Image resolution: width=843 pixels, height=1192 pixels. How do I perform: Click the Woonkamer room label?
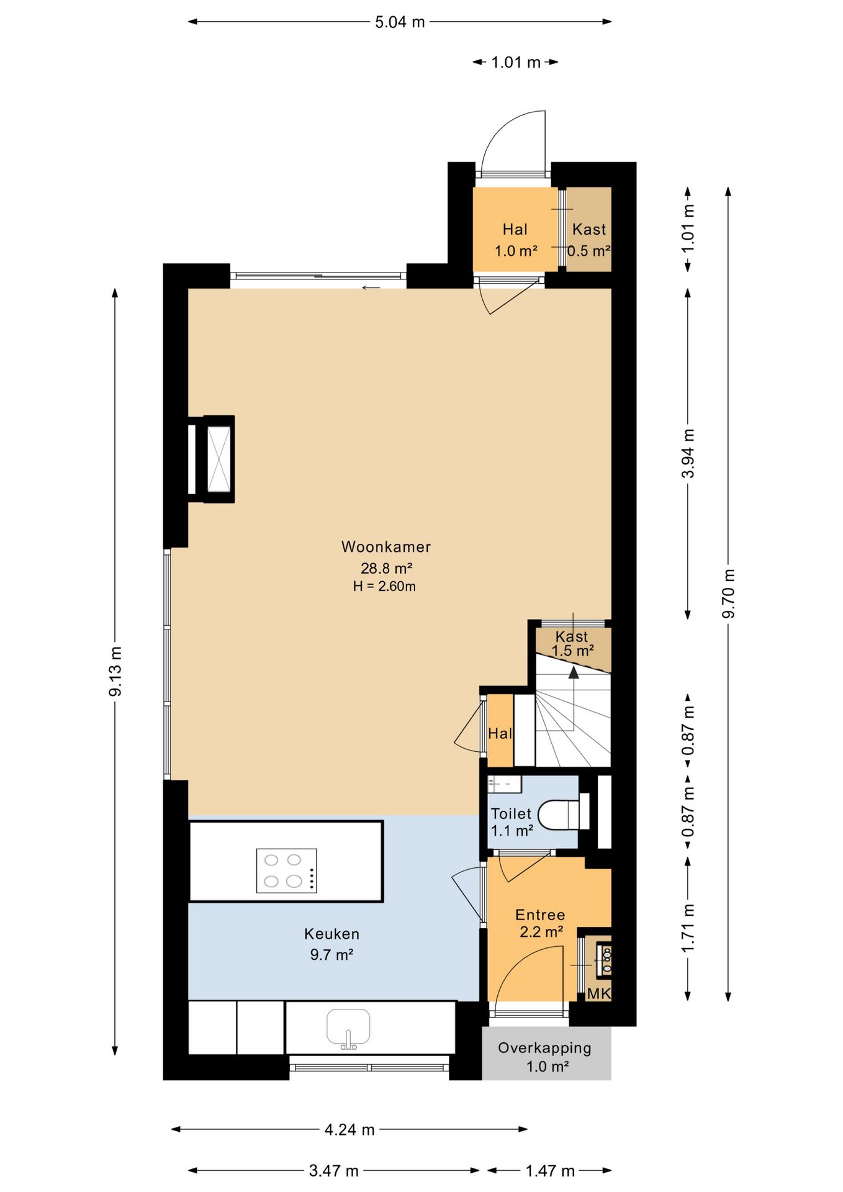tap(385, 547)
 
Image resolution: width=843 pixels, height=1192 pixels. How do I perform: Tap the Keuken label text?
tap(331, 934)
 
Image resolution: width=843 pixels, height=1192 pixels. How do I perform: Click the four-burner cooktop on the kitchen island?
tap(286, 870)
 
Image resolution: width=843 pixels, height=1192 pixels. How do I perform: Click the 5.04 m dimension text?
tap(400, 22)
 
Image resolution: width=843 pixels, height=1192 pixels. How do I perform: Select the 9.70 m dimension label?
tap(728, 594)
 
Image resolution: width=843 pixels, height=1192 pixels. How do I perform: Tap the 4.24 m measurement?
tap(349, 1129)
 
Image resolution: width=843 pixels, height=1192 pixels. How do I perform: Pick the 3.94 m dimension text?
tap(688, 453)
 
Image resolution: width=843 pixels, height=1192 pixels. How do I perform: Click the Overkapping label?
tap(544, 1048)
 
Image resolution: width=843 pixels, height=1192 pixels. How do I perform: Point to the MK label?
tap(599, 993)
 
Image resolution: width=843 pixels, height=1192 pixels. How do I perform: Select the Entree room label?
tap(540, 914)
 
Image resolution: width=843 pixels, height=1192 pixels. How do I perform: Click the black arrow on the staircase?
tap(574, 672)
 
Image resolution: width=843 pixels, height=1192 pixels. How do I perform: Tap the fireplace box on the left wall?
tap(211, 459)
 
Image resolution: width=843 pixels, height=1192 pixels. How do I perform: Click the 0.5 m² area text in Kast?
tap(589, 251)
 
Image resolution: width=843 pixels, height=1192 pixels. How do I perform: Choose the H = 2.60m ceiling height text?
tap(384, 586)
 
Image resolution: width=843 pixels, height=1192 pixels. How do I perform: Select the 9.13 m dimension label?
tap(115, 671)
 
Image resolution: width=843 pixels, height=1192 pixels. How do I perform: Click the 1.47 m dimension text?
tap(550, 1171)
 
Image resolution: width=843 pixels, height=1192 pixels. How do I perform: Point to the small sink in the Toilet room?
tap(504, 784)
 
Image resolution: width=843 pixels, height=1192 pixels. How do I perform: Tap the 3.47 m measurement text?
tap(334, 1171)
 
